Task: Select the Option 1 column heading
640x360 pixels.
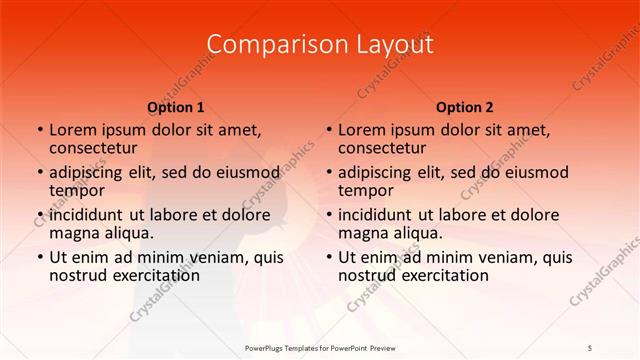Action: coord(176,107)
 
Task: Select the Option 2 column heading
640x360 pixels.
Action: coord(465,107)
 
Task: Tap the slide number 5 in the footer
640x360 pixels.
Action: coord(590,347)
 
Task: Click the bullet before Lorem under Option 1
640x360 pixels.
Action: coord(39,130)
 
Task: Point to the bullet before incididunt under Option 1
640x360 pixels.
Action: coord(39,215)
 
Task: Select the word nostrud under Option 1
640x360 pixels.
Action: coord(79,275)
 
